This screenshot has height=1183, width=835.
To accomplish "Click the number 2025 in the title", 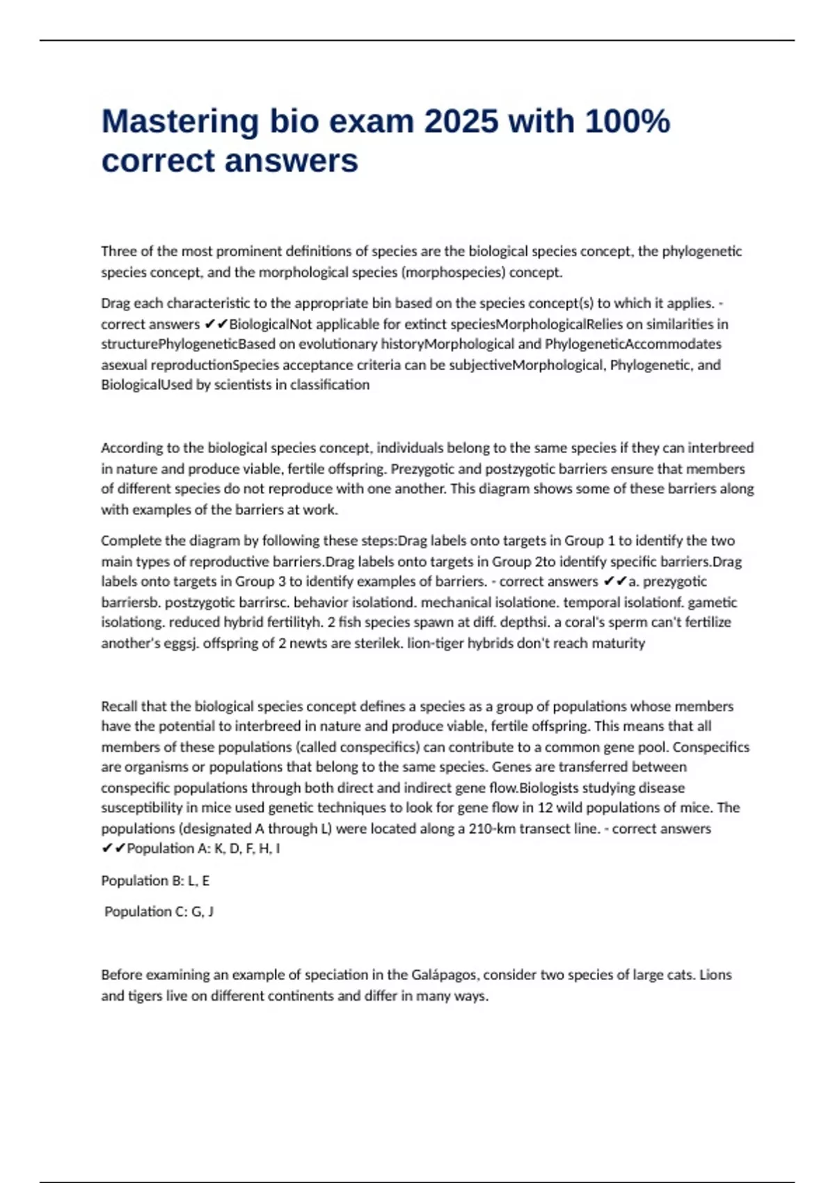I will pyautogui.click(x=461, y=122).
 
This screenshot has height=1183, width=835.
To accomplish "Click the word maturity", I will pyautogui.click(x=618, y=643).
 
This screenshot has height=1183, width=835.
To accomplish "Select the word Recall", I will pyautogui.click(x=119, y=706).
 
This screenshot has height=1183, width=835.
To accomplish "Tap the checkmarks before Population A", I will pyautogui.click(x=113, y=849).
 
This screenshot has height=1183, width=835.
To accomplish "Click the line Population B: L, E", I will pyautogui.click(x=155, y=881).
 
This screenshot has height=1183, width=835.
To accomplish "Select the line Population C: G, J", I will pyautogui.click(x=159, y=912).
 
